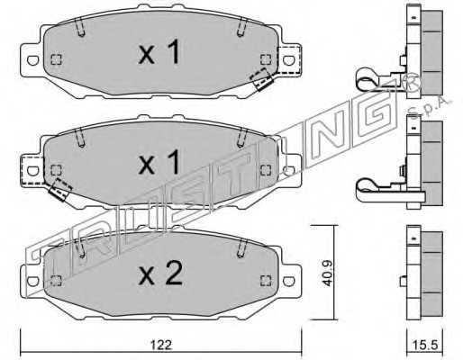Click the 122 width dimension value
coord(161,345)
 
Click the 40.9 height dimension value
coord(326,273)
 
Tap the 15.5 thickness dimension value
coord(426,345)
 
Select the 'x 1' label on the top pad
coord(159,51)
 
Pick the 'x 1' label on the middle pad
coord(159,162)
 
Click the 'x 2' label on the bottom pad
coord(160,273)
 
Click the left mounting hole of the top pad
coord(32,60)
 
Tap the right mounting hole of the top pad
coord(289,60)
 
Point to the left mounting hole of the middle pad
coord(32,171)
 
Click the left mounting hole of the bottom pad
coord(32,281)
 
